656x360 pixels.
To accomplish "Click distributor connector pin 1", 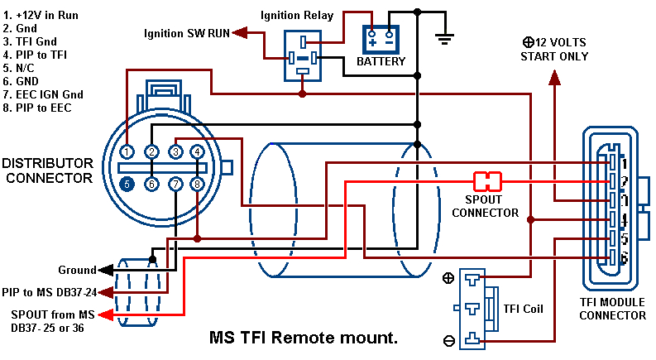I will point(127,152).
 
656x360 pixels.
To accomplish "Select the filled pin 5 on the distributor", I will point(127,184).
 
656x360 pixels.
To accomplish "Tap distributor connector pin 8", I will point(197,184).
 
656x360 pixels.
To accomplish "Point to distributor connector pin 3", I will point(175,152).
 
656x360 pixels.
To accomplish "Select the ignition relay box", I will point(304,55).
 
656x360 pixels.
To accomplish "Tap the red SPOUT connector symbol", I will point(488,180).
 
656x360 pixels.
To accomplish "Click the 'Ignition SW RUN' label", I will point(186,33).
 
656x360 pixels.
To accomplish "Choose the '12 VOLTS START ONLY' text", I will point(554,49).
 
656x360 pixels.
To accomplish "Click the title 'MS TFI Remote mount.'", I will point(304,338).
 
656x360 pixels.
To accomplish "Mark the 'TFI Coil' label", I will point(523,310).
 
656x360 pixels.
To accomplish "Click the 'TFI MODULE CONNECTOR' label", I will point(612,309).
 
